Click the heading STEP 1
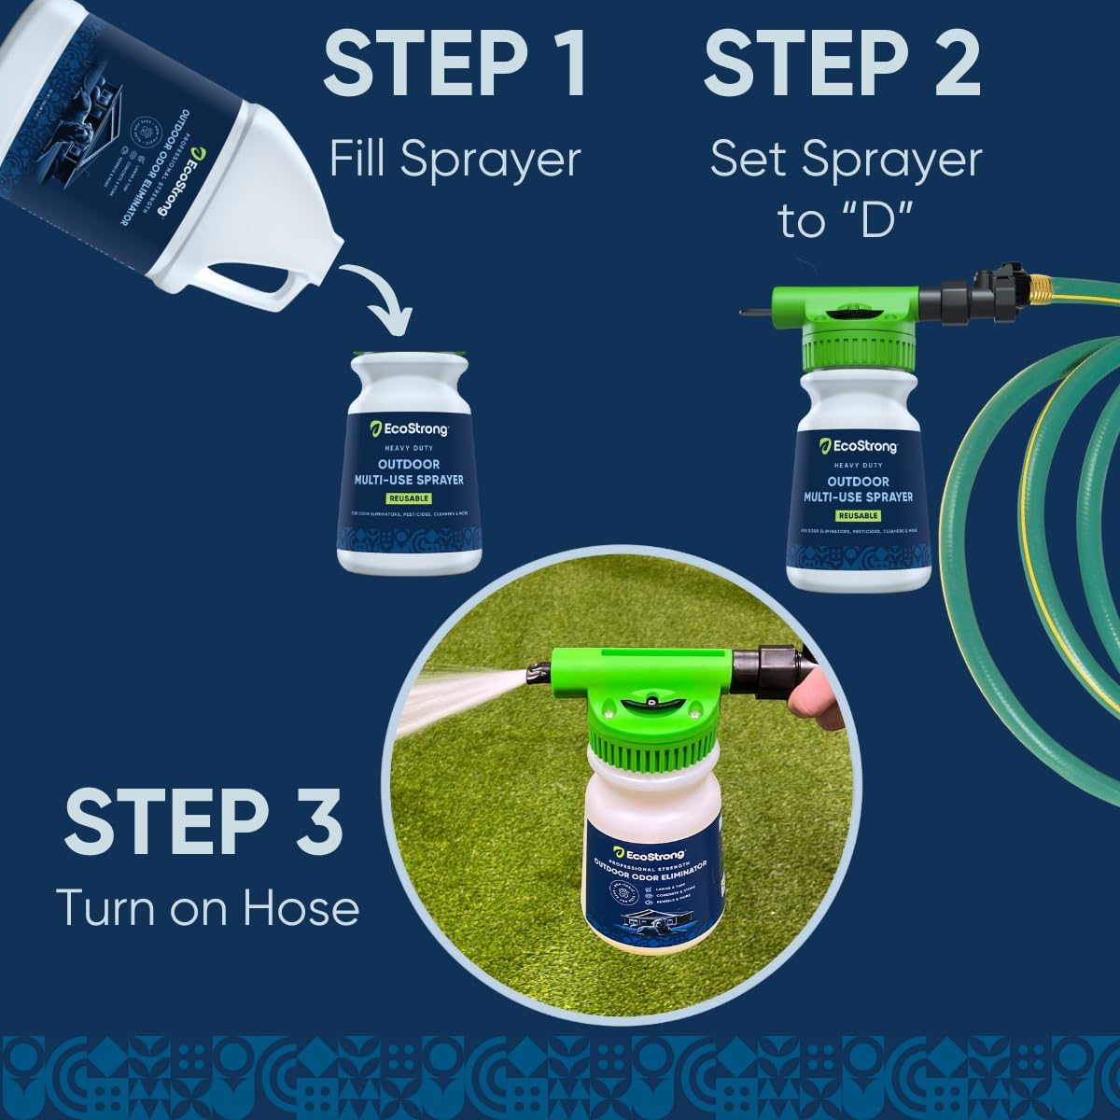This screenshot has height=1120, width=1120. [455, 63]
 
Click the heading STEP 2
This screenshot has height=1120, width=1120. [842, 63]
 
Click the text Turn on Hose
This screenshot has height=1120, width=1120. [207, 907]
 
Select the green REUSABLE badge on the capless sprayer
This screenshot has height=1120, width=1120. [410, 498]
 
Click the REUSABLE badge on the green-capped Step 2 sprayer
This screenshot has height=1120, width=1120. [858, 515]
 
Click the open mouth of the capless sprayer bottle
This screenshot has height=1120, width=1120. [410, 357]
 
